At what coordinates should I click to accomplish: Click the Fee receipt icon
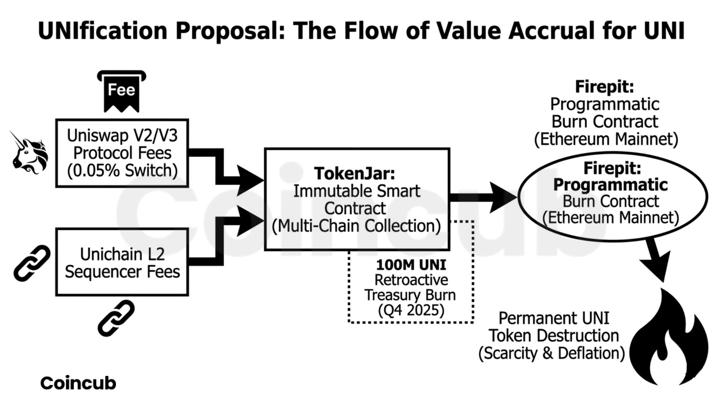point(121,92)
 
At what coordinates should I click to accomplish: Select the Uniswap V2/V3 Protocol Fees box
point(122,153)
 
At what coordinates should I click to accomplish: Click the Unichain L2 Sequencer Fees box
point(122,262)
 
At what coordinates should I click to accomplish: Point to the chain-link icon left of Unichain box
point(32,263)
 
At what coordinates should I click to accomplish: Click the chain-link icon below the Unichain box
point(116,318)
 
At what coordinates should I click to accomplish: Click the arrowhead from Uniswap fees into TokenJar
point(249,181)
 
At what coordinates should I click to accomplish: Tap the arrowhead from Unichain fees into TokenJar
point(249,221)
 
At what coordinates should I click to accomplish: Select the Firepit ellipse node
point(612,196)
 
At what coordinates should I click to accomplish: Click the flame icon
point(668,339)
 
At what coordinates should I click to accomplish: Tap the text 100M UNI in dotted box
point(411,265)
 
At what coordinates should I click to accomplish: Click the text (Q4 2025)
point(411,310)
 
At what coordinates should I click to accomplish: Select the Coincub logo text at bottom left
point(78,383)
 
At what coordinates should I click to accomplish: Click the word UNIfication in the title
point(102,31)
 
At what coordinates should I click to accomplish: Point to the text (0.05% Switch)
point(122,171)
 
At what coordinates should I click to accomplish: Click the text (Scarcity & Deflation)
point(551,353)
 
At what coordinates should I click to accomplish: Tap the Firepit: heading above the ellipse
point(604,87)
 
